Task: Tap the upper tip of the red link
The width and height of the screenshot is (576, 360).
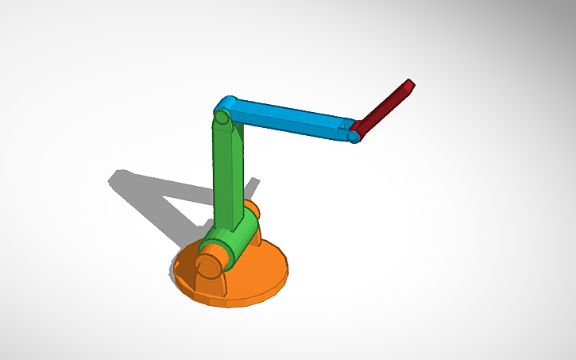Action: pos(410,83)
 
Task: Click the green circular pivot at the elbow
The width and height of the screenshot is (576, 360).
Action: pos(222,118)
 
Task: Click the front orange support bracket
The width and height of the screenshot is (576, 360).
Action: pos(189,271)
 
